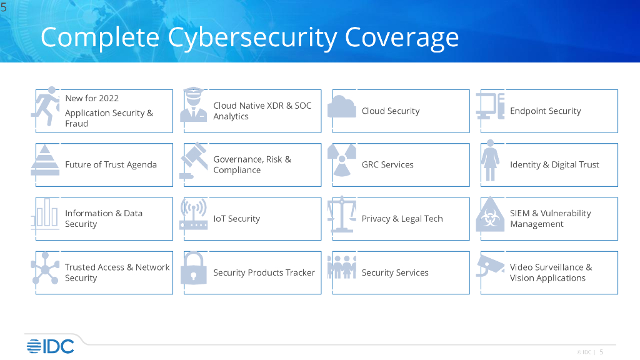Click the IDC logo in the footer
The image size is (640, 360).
pyautogui.click(x=50, y=346)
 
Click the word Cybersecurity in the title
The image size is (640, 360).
pyautogui.click(x=252, y=37)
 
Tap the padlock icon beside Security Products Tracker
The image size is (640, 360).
pyautogui.click(x=193, y=268)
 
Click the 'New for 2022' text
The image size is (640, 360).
pyautogui.click(x=92, y=98)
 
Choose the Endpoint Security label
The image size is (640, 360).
pyautogui.click(x=545, y=111)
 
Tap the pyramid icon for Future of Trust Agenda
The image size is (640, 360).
pyautogui.click(x=45, y=160)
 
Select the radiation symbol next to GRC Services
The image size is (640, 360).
pyautogui.click(x=342, y=161)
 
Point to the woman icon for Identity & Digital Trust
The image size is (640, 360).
pyautogui.click(x=490, y=161)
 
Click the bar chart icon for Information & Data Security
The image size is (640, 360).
pyautogui.click(x=46, y=214)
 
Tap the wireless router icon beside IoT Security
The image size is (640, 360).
pyautogui.click(x=193, y=214)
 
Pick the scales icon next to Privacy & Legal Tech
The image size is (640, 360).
pyautogui.click(x=342, y=214)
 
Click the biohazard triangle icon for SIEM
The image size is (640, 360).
pyautogui.click(x=490, y=215)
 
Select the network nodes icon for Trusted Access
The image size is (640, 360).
pyautogui.click(x=45, y=268)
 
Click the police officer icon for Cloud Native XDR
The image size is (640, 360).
pyautogui.click(x=193, y=105)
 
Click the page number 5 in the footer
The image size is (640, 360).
pyautogui.click(x=601, y=352)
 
